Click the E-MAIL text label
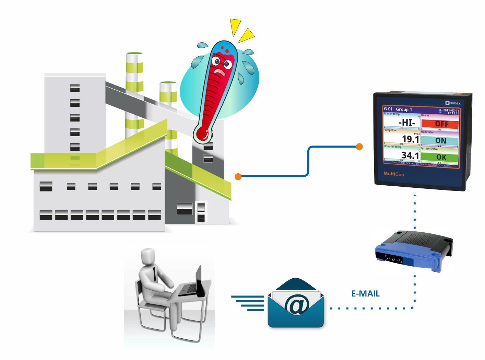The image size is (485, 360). tap(365, 294)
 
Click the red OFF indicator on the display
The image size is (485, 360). tap(441, 124)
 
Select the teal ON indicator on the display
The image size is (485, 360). tap(440, 141)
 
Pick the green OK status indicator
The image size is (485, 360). tap(441, 157)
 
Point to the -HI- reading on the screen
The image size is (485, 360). tap(406, 123)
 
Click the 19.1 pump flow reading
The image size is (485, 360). tap(410, 139)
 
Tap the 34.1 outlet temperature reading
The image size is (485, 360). tap(410, 155)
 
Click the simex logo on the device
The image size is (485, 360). tap(453, 103)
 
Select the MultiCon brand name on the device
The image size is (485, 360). tap(393, 174)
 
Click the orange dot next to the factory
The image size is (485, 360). tap(238, 176)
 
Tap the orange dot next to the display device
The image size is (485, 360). tap(359, 147)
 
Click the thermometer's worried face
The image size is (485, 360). tap(221, 65)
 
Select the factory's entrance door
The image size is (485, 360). tap(201, 212)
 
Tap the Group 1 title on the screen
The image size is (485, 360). tap(404, 109)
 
